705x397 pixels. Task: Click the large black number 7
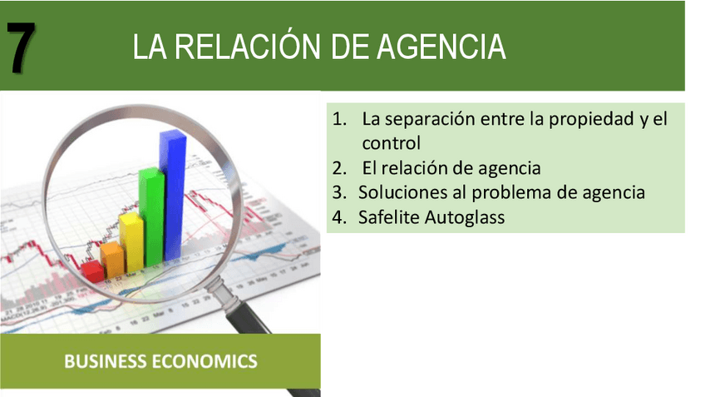pyautogui.click(x=21, y=47)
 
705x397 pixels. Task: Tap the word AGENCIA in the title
pyautogui.click(x=441, y=47)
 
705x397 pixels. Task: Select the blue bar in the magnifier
pyautogui.click(x=173, y=196)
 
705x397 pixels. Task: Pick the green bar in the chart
pyautogui.click(x=151, y=217)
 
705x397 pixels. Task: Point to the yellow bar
pyautogui.click(x=131, y=242)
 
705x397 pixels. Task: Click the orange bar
pyautogui.click(x=112, y=260)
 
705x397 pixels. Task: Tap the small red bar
pyautogui.click(x=93, y=271)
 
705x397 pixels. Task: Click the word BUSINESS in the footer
pyautogui.click(x=106, y=361)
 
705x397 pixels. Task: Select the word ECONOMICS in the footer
pyautogui.click(x=205, y=361)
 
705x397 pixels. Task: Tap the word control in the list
pyautogui.click(x=392, y=143)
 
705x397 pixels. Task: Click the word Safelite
pyautogui.click(x=389, y=217)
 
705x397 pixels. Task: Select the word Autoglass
pyautogui.click(x=465, y=218)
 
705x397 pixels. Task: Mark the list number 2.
pyautogui.click(x=339, y=168)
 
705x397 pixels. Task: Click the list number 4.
pyautogui.click(x=339, y=217)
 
